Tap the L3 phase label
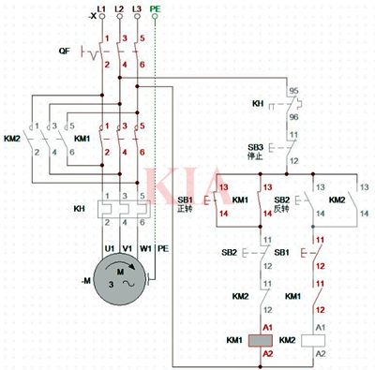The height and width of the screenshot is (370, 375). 138,7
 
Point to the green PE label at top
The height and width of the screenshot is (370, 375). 156,7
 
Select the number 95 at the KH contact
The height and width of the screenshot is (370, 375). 293,92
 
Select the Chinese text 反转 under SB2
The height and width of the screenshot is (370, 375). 281,208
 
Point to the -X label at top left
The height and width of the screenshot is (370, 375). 90,17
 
